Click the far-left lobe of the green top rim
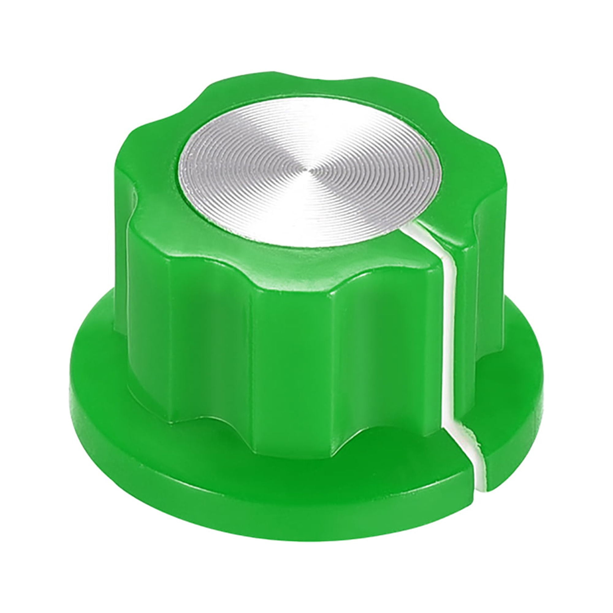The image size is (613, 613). coord(133,190)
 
